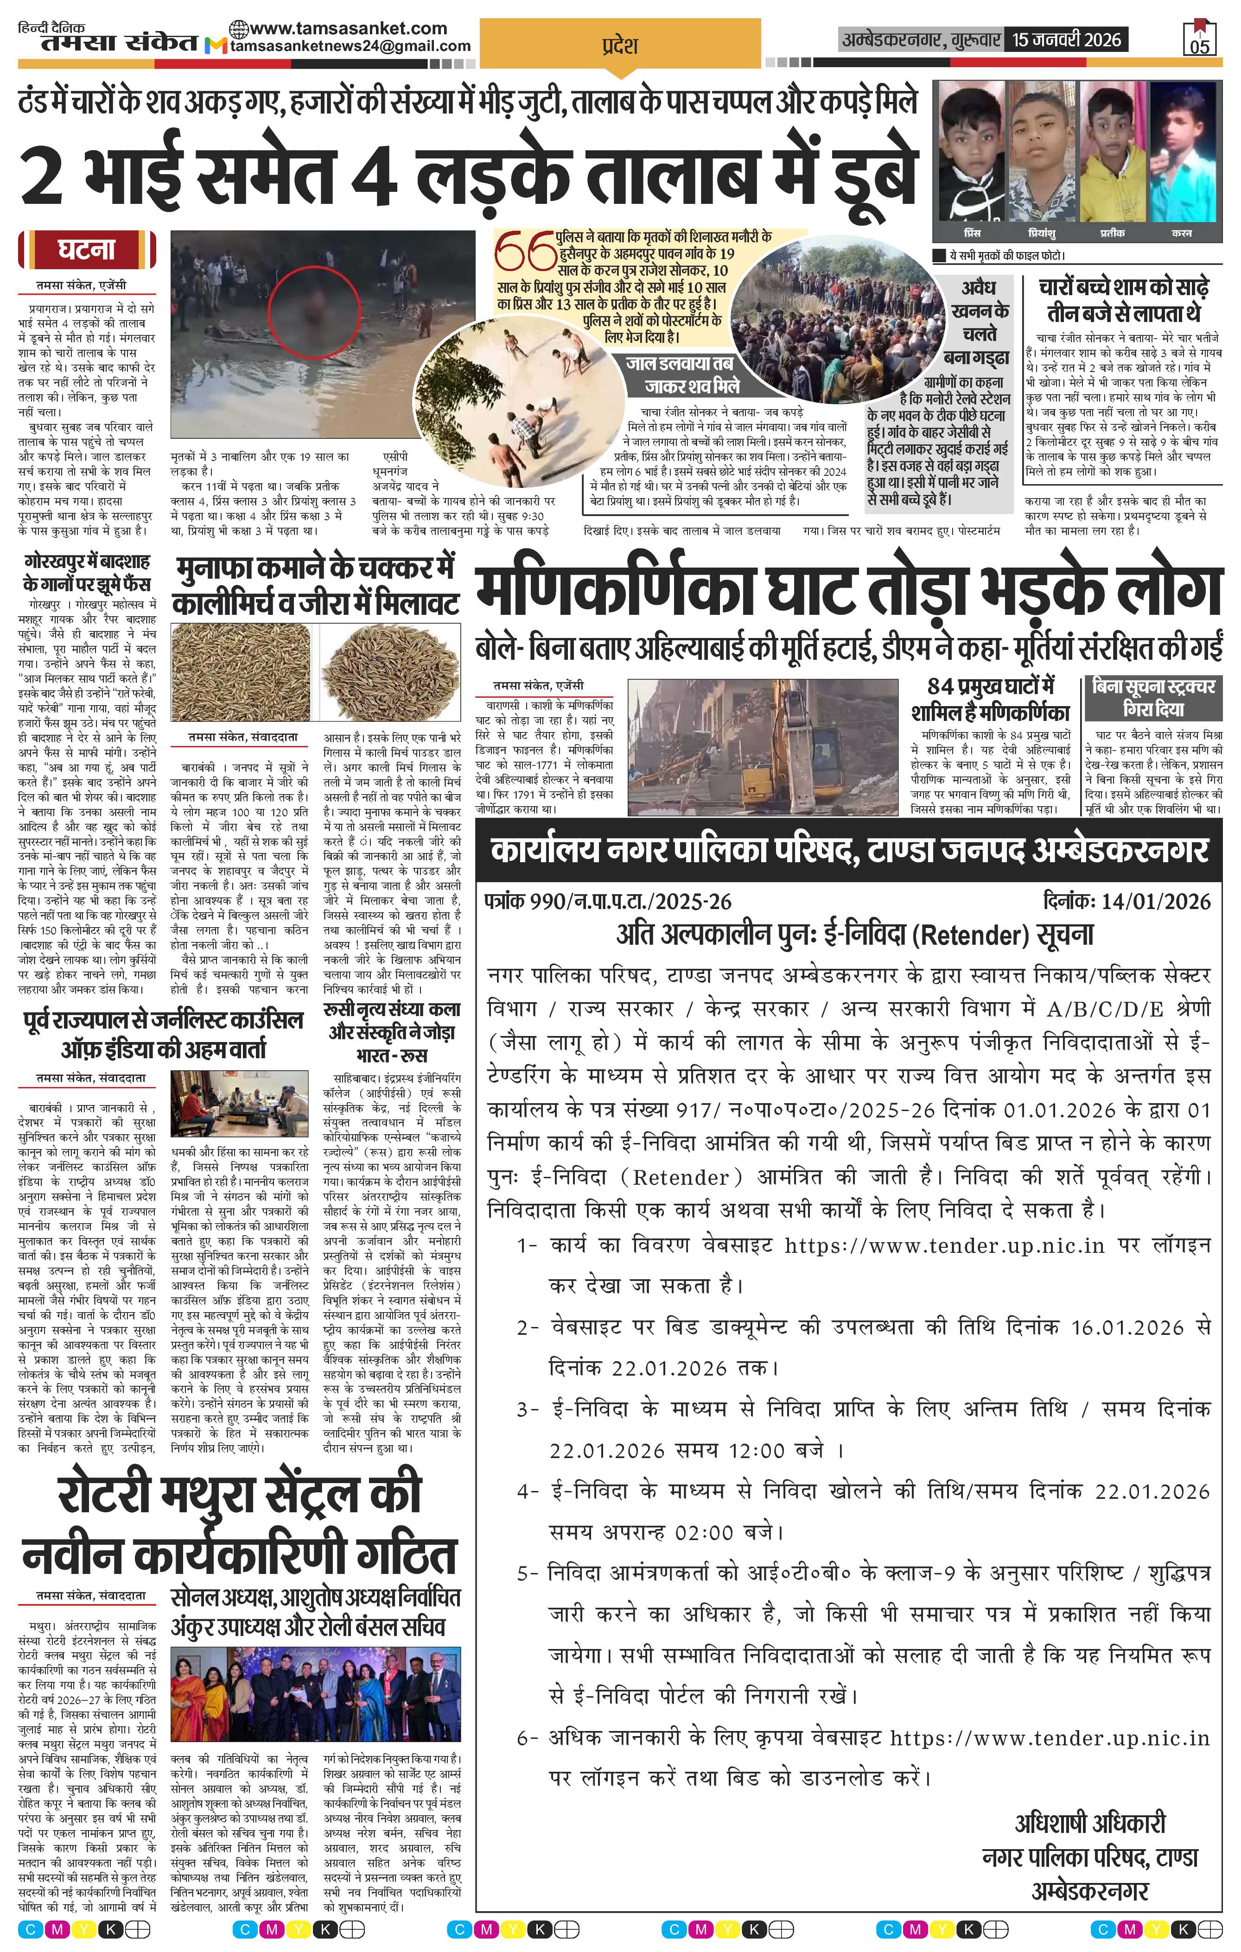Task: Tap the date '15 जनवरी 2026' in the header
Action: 1066,40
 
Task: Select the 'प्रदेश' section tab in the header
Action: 620,45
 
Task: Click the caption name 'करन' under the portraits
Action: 1181,234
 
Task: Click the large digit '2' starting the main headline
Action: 42,177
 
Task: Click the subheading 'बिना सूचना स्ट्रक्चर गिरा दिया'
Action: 1152,697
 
